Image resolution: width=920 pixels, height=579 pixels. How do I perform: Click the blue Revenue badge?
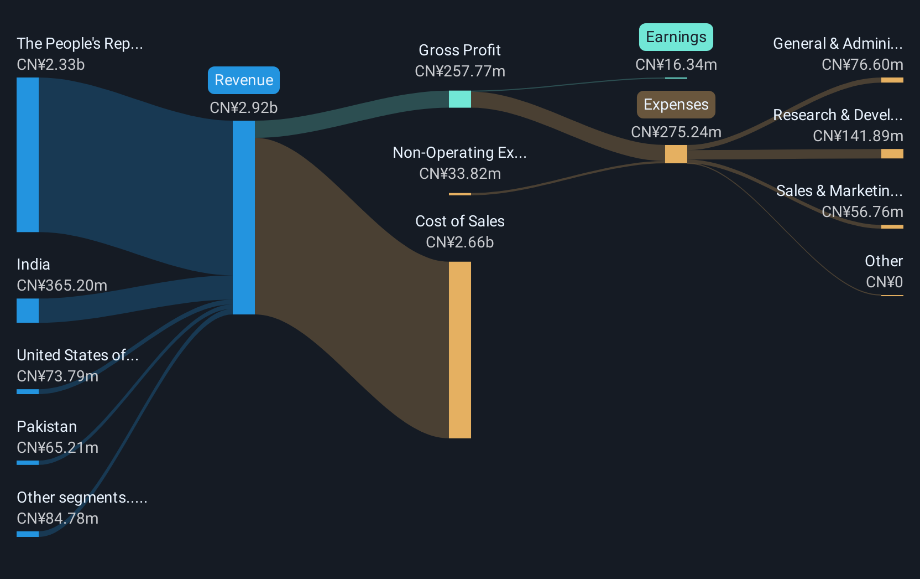[x=244, y=80]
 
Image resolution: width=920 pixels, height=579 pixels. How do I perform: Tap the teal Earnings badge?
[x=676, y=37]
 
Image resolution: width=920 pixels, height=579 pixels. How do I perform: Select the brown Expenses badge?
[x=676, y=105]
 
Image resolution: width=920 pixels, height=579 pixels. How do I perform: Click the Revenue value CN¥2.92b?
[x=244, y=108]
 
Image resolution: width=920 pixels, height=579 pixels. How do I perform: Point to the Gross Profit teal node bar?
[x=460, y=99]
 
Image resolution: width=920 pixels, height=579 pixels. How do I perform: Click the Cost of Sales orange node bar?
[x=460, y=350]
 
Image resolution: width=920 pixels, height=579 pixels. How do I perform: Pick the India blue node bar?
[x=28, y=311]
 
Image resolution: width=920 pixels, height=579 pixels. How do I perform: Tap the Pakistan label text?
[x=47, y=426]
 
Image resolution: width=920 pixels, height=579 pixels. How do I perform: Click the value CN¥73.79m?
[x=57, y=376]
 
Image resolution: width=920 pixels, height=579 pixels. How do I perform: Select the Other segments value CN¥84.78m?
[x=57, y=519]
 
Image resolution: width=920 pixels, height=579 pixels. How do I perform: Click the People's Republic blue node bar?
[x=28, y=154]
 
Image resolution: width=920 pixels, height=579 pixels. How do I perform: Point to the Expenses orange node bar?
[x=676, y=154]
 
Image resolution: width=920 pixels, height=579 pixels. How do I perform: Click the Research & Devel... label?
[x=838, y=115]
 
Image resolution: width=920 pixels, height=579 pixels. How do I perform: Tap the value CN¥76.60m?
[x=862, y=65]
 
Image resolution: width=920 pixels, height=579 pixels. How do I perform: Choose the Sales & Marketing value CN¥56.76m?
[x=862, y=212]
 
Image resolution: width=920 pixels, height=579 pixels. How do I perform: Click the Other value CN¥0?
[x=884, y=282]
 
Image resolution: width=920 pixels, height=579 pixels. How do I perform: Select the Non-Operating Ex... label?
[x=459, y=153]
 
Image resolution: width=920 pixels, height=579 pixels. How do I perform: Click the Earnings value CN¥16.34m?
[x=676, y=65]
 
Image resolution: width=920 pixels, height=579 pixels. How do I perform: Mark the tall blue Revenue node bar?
[x=244, y=218]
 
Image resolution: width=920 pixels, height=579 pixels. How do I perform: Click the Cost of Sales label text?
[x=459, y=221]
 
